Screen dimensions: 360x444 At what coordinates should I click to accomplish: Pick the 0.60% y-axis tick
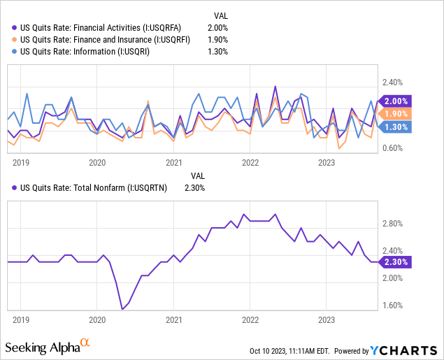pyautogui.click(x=394, y=147)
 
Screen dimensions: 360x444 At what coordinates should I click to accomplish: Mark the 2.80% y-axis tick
pyautogui.click(x=394, y=224)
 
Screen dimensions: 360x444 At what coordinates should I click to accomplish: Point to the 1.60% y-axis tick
pyautogui.click(x=394, y=305)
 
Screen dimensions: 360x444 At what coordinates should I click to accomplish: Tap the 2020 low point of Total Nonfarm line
pyautogui.click(x=122, y=309)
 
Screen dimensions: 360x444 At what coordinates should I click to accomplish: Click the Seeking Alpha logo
pyautogui.click(x=48, y=346)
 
